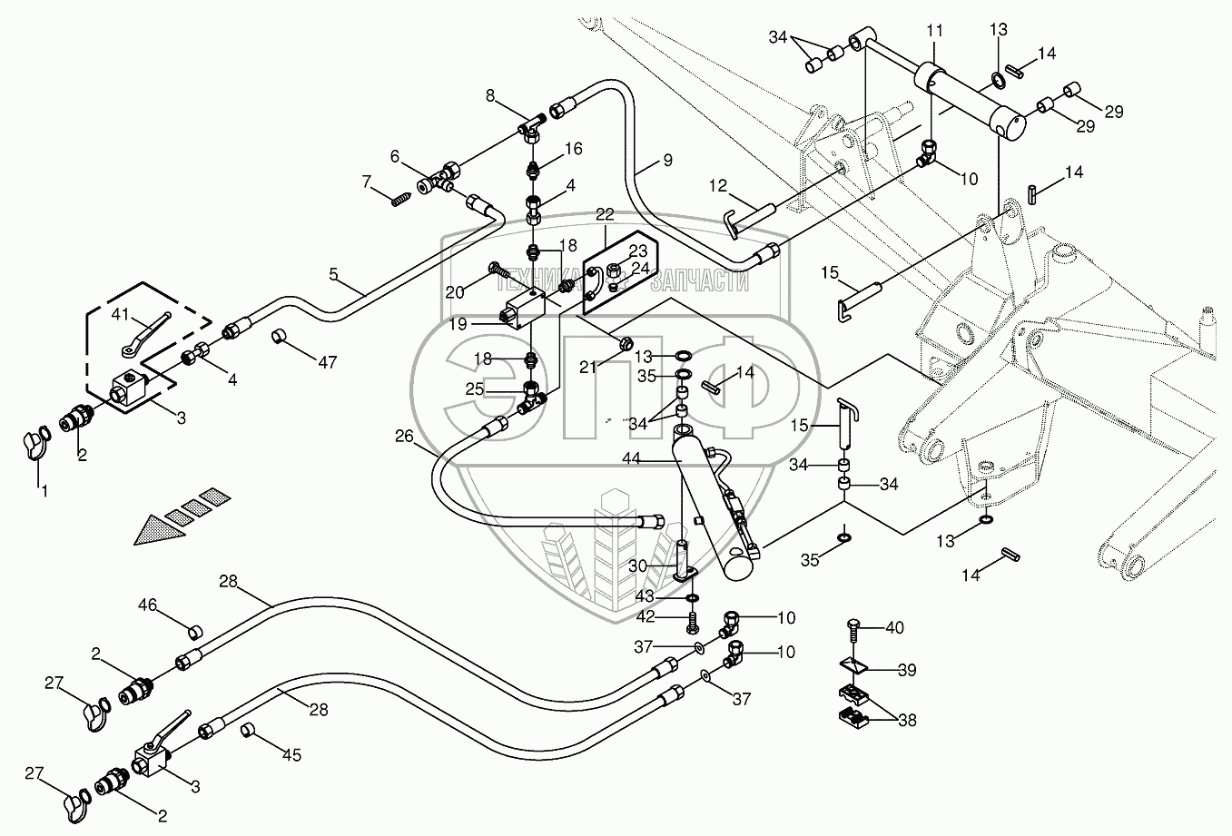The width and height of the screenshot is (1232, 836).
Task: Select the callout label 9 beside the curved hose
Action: pyautogui.click(x=667, y=161)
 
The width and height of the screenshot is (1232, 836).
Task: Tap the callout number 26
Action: pyautogui.click(x=404, y=437)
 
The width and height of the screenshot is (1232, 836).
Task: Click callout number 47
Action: pyautogui.click(x=327, y=362)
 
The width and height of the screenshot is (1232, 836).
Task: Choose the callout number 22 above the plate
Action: pyautogui.click(x=605, y=213)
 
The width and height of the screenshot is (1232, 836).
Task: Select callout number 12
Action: pyautogui.click(x=718, y=186)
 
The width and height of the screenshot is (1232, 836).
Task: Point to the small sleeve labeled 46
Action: pyautogui.click(x=192, y=632)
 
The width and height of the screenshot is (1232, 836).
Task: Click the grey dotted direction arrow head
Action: pyautogui.click(x=154, y=530)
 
